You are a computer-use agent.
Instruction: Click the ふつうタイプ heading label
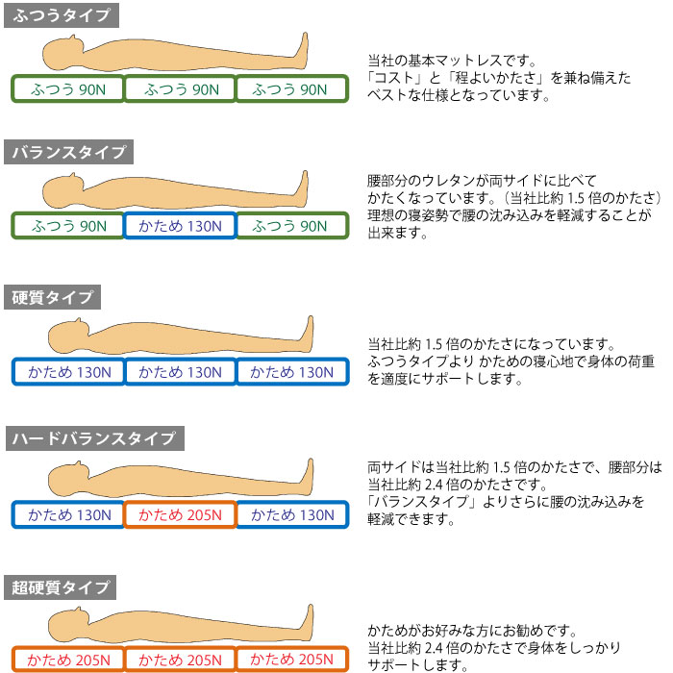(x=62, y=15)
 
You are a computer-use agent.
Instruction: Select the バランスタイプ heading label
(x=68, y=153)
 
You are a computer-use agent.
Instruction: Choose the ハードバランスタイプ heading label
(x=93, y=439)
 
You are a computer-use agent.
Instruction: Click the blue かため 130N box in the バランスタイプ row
(x=180, y=226)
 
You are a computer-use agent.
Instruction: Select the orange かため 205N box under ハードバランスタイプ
(x=180, y=515)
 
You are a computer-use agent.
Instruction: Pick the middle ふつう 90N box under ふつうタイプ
(x=180, y=89)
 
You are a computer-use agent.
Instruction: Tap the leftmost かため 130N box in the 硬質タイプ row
(x=68, y=372)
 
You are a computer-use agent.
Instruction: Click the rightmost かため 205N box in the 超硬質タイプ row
(x=291, y=660)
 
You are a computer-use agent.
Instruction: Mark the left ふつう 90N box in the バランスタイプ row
(x=68, y=226)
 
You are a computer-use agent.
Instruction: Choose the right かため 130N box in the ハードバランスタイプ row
(x=291, y=515)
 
